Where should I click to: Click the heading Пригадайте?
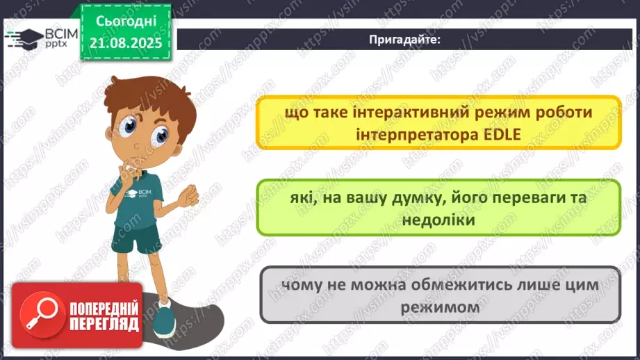406,40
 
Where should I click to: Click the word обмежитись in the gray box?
441,286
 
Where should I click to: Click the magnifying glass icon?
38,314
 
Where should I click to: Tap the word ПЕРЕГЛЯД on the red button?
104,324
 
